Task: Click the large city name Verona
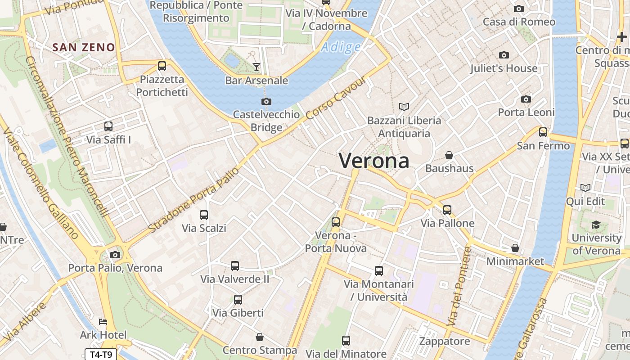[x=374, y=161]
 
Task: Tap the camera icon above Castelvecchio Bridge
[x=266, y=101]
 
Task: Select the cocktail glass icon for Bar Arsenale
[x=256, y=67]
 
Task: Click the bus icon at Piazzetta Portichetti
[x=162, y=66]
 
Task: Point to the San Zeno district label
[x=84, y=47]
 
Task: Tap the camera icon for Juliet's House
[x=504, y=55]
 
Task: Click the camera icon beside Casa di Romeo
[x=519, y=9]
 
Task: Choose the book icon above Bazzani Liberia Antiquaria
[x=404, y=107]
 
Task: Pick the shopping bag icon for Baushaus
[x=449, y=155]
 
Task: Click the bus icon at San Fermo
[x=543, y=132]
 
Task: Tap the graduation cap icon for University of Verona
[x=596, y=225]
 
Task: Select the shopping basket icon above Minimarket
[x=515, y=248]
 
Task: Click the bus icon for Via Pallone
[x=447, y=210]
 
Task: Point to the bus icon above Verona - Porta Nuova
[x=336, y=222]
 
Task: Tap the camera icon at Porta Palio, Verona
[x=115, y=255]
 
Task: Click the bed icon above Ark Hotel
[x=103, y=322]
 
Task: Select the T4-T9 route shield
[x=101, y=355]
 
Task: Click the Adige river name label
[x=341, y=47]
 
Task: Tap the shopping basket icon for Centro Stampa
[x=260, y=337]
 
